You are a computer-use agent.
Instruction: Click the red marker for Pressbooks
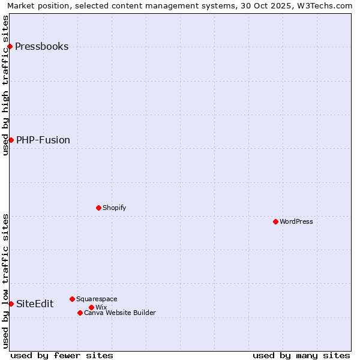tap(10, 46)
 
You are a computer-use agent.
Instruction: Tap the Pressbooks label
tap(41, 47)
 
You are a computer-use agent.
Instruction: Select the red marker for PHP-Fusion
tap(11, 140)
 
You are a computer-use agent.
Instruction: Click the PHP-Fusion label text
tap(43, 140)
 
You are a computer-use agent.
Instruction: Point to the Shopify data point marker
tap(98, 208)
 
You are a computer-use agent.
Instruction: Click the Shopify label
tap(114, 208)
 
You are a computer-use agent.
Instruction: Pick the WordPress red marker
tap(275, 221)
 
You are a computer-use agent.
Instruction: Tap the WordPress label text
tap(296, 221)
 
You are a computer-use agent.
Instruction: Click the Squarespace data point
tap(72, 299)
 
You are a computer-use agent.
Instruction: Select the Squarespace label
tap(97, 299)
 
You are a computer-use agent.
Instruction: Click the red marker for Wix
tap(91, 307)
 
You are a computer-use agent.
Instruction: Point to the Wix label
tap(101, 307)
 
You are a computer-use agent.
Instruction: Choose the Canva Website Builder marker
tap(80, 313)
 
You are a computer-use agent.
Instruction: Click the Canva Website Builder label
tap(119, 313)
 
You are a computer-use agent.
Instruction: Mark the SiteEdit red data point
tap(11, 304)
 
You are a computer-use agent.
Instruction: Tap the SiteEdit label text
tap(35, 304)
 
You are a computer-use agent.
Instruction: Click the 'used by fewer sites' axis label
tap(62, 355)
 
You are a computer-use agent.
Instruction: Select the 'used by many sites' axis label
tap(301, 355)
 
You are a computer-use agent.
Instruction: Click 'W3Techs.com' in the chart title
tap(326, 5)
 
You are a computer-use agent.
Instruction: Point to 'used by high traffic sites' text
tap(5, 85)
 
